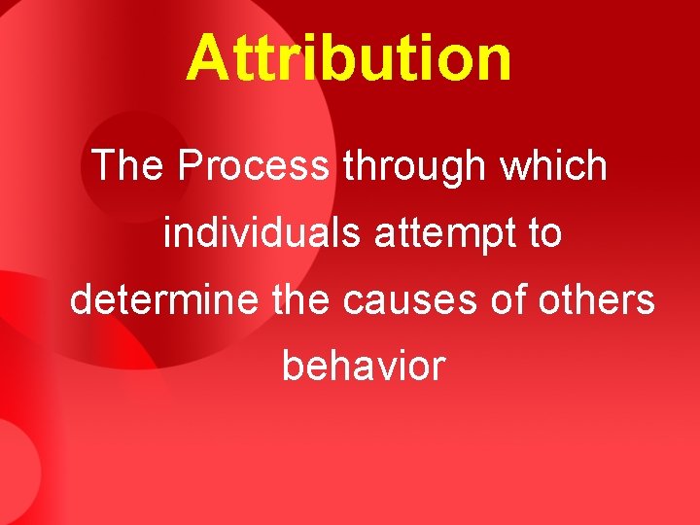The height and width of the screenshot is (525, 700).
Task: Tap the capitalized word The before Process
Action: [128, 166]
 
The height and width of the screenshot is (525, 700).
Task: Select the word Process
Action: [254, 166]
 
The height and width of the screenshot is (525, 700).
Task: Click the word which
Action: [553, 166]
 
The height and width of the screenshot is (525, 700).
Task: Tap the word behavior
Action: [364, 367]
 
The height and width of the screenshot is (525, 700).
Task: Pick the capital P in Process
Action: [190, 166]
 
